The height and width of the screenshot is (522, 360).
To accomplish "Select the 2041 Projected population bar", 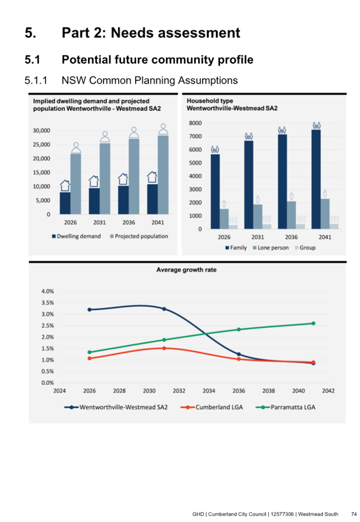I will tap(163, 175).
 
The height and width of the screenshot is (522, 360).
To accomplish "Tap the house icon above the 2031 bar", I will tap(94, 181).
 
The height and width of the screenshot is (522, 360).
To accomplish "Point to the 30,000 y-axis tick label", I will tap(40, 130).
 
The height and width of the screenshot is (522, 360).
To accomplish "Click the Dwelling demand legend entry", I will tap(77, 236).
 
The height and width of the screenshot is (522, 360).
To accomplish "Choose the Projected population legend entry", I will tap(138, 236).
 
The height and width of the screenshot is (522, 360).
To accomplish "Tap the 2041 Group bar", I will tap(334, 226).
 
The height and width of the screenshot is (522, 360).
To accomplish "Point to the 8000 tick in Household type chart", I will tap(196, 123).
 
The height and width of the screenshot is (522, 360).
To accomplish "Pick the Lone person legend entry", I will tap(270, 248).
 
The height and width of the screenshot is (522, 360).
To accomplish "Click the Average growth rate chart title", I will tap(186, 270).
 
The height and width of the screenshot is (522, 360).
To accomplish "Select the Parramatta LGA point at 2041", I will tap(313, 324).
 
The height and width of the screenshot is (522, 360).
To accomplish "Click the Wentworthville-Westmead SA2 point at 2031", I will tap(164, 309).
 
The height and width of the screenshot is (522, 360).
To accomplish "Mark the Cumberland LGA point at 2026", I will tap(90, 358).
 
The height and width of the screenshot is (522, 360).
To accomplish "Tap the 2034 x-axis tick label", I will tap(209, 392).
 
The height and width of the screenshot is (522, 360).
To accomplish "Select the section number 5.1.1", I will tap(36, 80).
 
